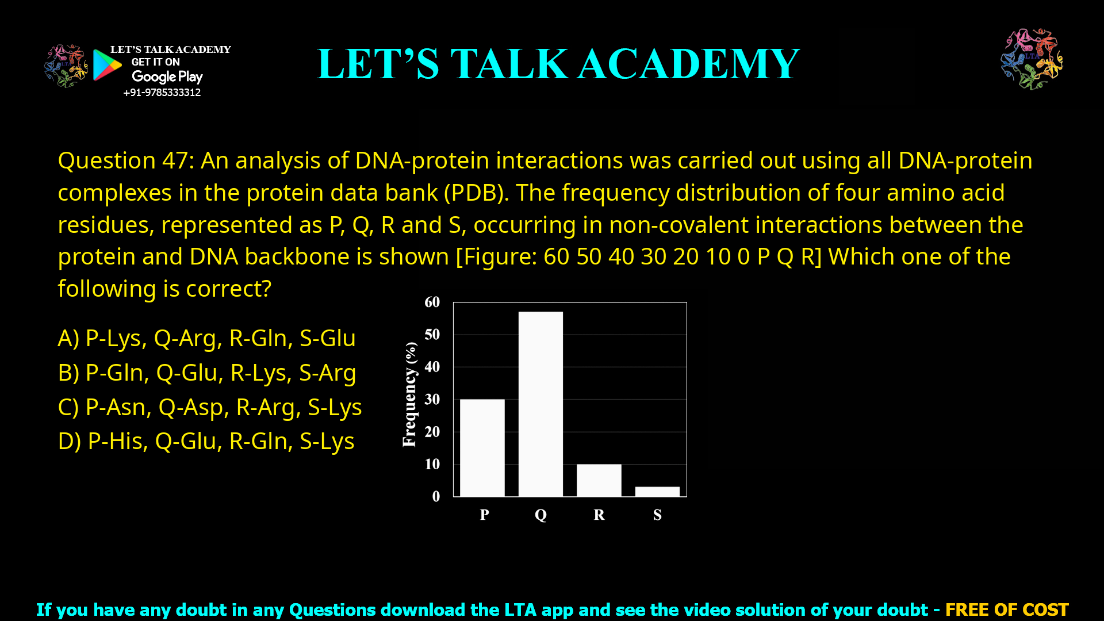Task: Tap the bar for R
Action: (599, 480)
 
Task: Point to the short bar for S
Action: (657, 492)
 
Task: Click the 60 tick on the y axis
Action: (432, 302)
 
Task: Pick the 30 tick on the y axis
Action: (432, 400)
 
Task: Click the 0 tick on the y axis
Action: (436, 497)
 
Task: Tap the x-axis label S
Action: (657, 515)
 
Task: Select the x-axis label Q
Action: (540, 515)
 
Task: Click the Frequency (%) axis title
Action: (409, 394)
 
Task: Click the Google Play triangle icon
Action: (107, 65)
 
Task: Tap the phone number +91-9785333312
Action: (162, 93)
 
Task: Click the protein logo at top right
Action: (1032, 59)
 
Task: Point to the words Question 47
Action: (123, 161)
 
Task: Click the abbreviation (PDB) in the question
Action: (476, 193)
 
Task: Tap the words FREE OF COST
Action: (1006, 609)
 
